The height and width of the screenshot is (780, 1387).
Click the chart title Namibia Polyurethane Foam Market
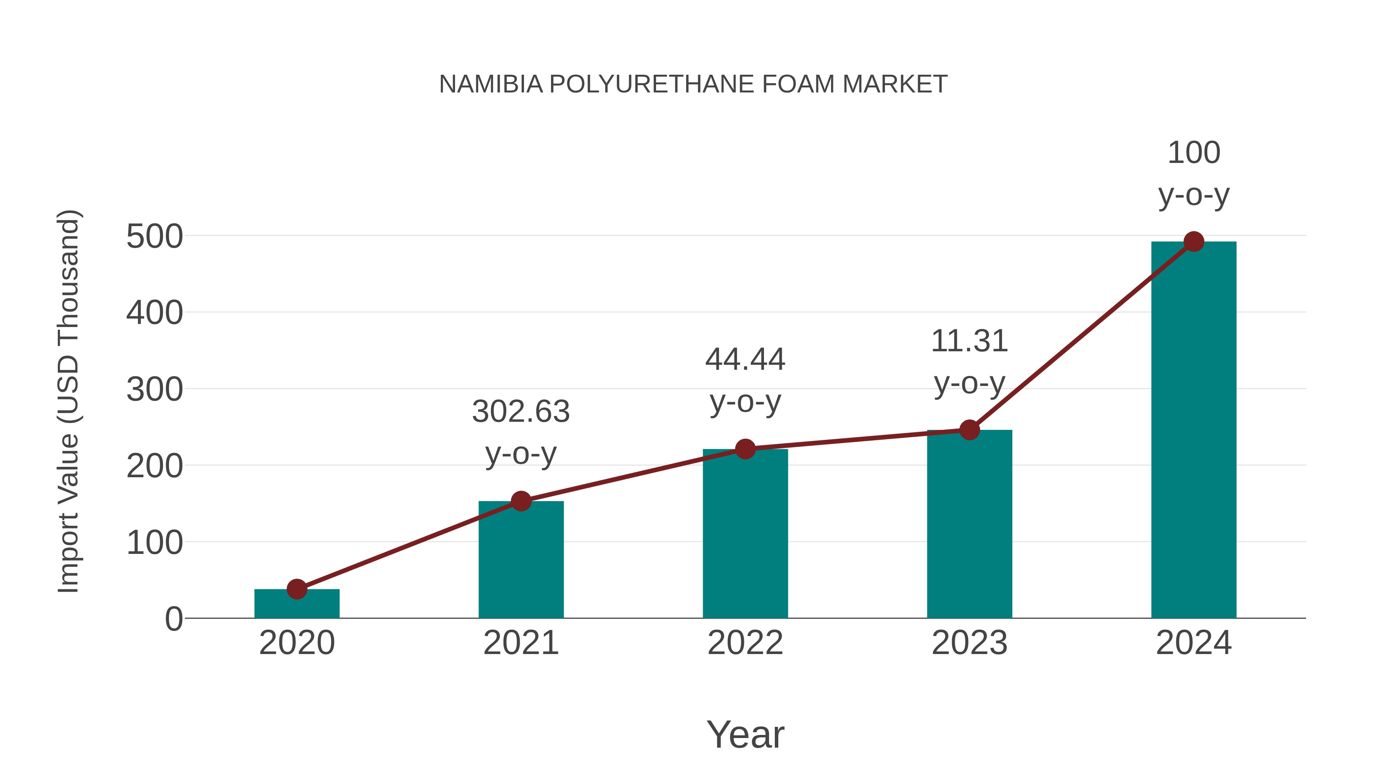coord(693,84)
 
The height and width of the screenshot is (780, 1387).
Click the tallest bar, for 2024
coord(1194,431)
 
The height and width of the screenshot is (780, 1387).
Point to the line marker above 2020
coord(297,589)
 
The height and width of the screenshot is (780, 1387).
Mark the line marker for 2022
coord(745,449)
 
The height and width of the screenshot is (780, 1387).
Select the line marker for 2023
coord(969,429)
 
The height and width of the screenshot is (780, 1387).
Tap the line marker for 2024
coord(1194,242)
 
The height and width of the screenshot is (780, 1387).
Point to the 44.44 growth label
coord(745,360)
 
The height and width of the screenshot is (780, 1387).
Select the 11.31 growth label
coord(969,341)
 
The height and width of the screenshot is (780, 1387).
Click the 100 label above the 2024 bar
coord(1194,153)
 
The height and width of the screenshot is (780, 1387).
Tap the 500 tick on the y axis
coord(154,237)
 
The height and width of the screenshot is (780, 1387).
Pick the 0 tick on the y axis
coord(173,619)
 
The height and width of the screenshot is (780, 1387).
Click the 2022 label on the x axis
coord(745,643)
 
